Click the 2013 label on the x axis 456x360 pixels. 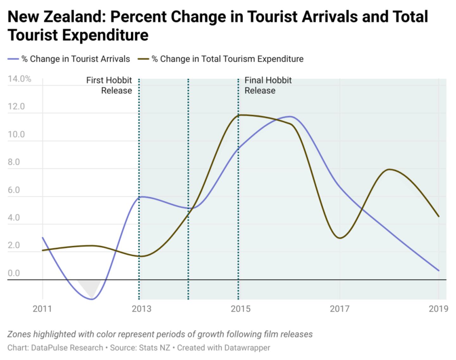142,308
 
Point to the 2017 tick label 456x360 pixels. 339,308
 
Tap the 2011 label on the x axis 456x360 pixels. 42,308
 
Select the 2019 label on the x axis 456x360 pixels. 438,308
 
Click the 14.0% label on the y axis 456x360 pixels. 19,79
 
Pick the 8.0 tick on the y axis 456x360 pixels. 14,162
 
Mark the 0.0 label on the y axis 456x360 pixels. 14,273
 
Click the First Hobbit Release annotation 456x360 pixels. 109,85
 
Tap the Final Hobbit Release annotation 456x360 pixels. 268,85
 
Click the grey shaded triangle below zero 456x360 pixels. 90,286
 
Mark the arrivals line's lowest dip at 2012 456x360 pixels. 92,299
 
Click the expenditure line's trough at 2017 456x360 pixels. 340,238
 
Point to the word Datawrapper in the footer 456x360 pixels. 247,348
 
